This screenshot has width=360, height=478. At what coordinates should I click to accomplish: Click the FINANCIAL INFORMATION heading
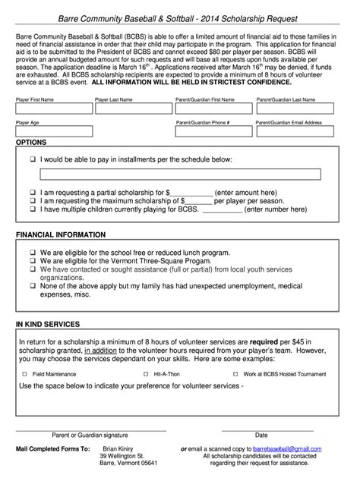point(61,235)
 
